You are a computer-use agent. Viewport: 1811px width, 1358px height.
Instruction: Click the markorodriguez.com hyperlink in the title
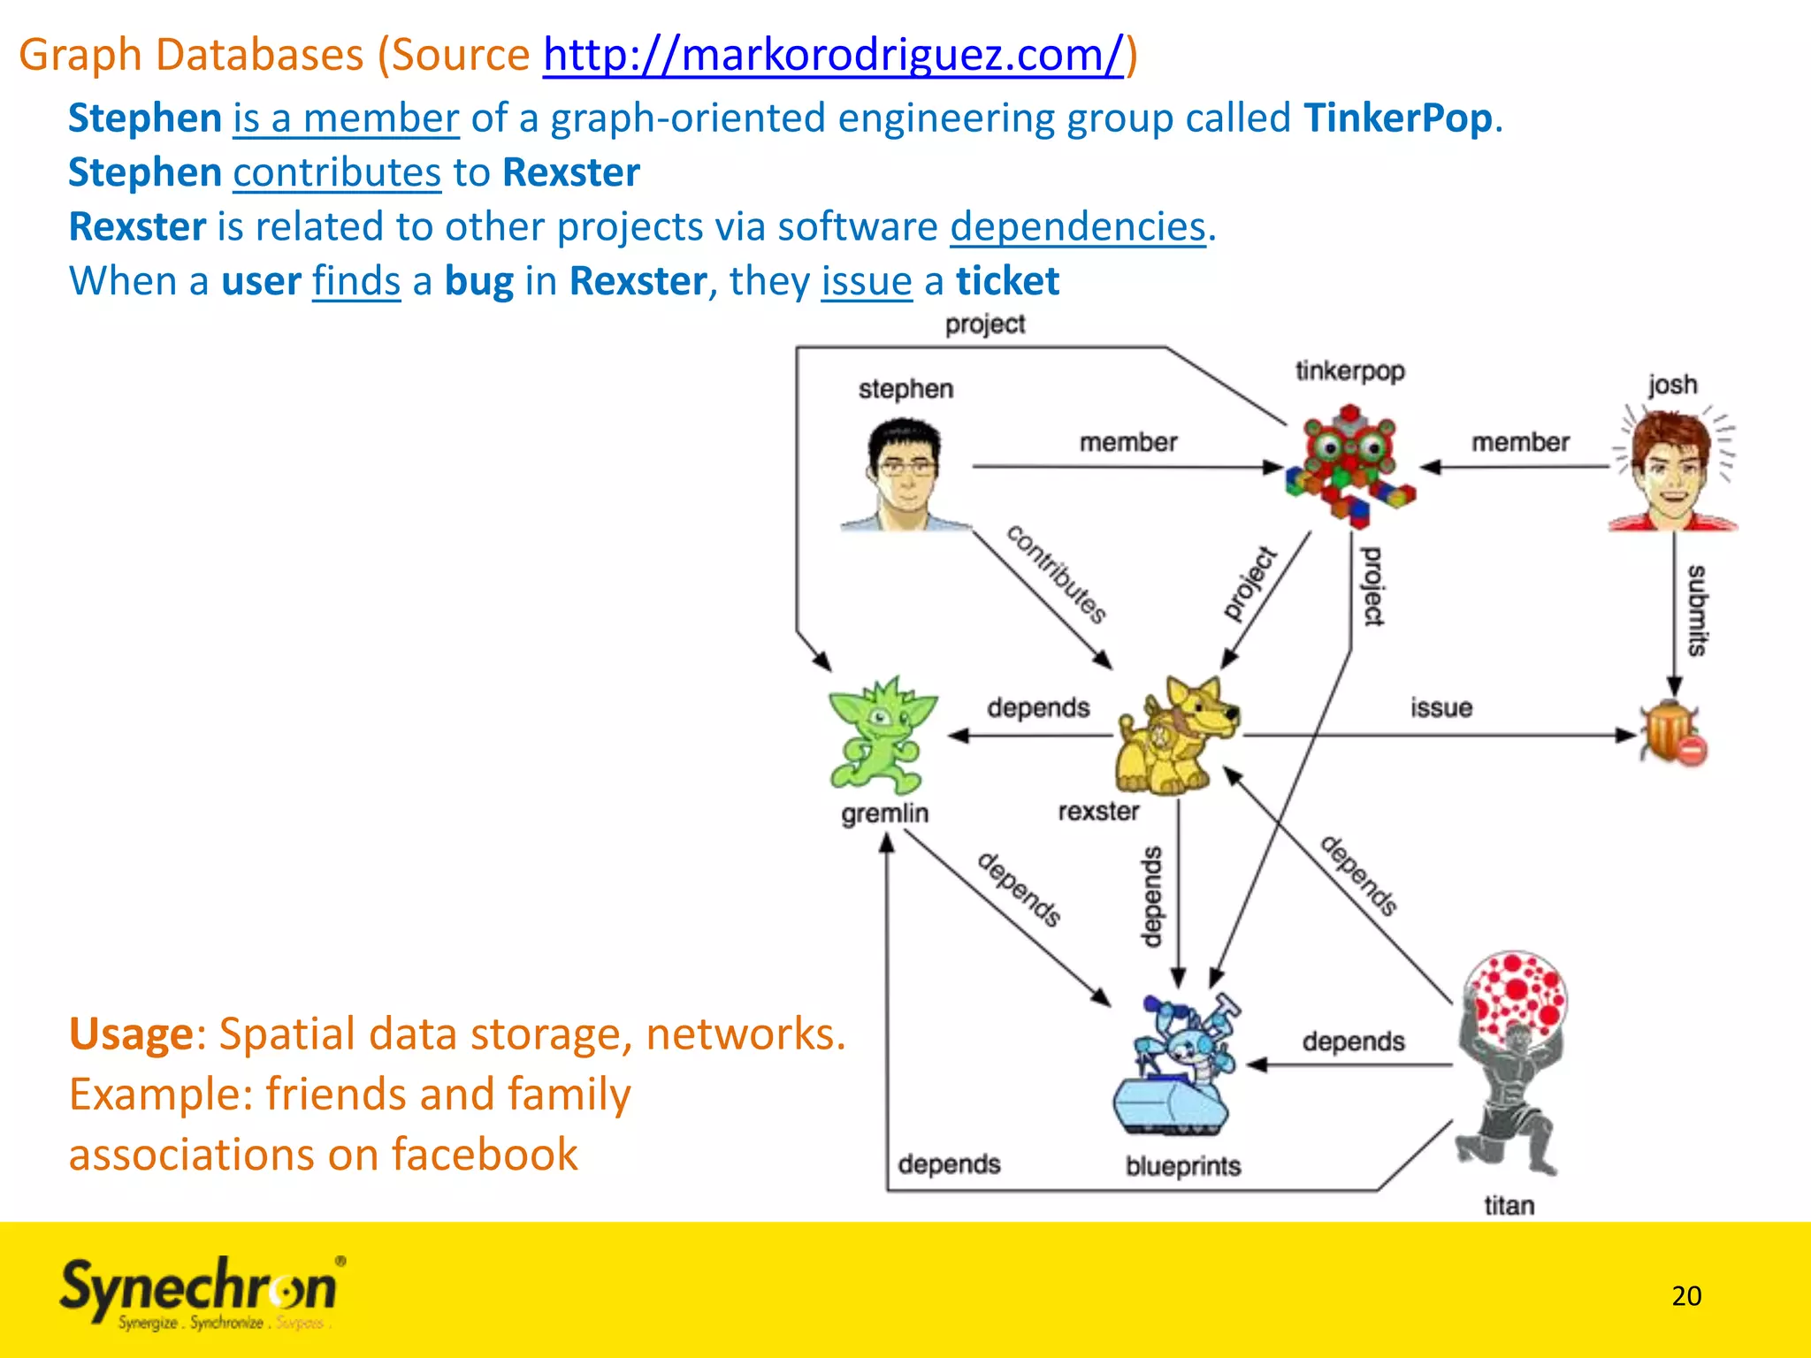[x=833, y=55]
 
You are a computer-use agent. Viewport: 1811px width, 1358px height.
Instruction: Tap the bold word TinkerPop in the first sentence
[x=1397, y=118]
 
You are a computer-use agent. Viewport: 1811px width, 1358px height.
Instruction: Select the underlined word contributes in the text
[x=337, y=172]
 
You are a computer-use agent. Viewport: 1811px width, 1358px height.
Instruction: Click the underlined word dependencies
[x=1078, y=227]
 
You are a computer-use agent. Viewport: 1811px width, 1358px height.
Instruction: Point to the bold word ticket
[x=1007, y=281]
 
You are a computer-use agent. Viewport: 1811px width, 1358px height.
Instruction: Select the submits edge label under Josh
[x=1696, y=610]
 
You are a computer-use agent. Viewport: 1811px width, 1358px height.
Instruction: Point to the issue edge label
[x=1440, y=708]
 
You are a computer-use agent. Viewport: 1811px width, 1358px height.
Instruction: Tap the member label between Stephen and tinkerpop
[x=1127, y=442]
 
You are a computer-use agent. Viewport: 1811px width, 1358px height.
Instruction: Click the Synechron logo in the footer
[x=200, y=1292]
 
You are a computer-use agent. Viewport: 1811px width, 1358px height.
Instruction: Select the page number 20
[x=1686, y=1296]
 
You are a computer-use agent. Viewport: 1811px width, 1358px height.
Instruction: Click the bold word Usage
[x=131, y=1034]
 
